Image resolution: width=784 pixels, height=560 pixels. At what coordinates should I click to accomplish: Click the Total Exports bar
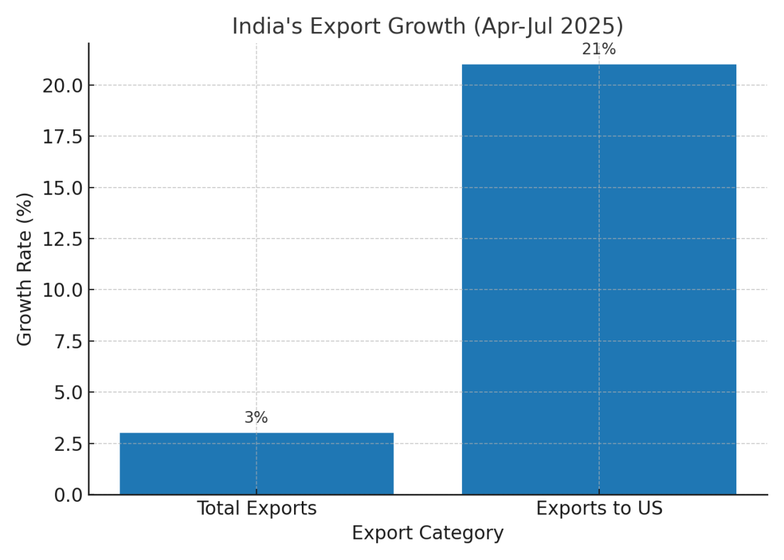coord(256,463)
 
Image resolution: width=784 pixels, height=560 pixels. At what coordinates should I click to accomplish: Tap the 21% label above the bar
coord(598,50)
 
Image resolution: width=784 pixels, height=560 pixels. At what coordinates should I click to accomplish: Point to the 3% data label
coord(256,418)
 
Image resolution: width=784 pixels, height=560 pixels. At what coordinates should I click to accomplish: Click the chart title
coord(427,26)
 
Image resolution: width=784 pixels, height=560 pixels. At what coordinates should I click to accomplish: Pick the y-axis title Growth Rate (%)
coord(25,269)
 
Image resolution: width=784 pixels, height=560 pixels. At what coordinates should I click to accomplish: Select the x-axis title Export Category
coord(427,533)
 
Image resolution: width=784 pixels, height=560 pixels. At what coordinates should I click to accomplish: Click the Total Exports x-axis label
coord(256,509)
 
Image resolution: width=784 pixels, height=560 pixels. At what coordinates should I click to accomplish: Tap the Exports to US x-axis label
coord(598,509)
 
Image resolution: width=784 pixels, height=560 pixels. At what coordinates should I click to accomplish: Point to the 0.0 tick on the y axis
coord(68,495)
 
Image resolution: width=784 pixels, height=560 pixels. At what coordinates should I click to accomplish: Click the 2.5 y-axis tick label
coord(68,444)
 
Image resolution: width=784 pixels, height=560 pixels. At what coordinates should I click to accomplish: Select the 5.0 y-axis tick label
coord(68,393)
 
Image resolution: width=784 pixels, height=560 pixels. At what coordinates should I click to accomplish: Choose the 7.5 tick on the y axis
coord(68,342)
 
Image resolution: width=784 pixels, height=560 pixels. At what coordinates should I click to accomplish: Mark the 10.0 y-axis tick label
coord(63,290)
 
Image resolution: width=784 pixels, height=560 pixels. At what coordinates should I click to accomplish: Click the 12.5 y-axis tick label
coord(63,239)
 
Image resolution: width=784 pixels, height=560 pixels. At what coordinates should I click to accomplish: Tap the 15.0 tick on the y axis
coord(63,188)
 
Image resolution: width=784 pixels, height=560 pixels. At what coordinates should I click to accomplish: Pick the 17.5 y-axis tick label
coord(63,137)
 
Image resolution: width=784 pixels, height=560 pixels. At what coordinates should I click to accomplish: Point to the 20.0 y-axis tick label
coord(63,86)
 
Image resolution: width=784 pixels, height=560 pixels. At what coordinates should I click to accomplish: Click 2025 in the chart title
coord(592,26)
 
